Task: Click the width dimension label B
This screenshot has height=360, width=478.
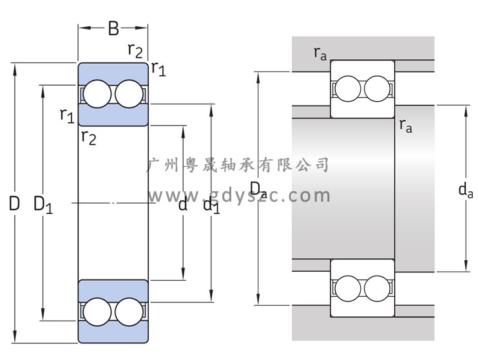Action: (113, 28)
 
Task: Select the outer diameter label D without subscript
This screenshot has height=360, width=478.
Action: (14, 204)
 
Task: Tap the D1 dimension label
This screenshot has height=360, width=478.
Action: (43, 205)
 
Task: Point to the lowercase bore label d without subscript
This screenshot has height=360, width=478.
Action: (183, 205)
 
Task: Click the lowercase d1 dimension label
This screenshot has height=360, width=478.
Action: (211, 205)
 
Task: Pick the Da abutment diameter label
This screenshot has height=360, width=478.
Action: (258, 189)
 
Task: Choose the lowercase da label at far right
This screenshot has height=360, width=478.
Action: (464, 189)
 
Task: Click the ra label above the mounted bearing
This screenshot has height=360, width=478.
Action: (320, 53)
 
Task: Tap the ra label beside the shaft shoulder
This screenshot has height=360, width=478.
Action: (406, 125)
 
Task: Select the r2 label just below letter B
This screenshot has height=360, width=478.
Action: (136, 50)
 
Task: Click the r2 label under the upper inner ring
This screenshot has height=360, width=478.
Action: (89, 137)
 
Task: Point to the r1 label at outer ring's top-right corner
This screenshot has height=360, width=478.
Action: (158, 68)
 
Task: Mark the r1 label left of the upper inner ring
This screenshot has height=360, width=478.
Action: (67, 115)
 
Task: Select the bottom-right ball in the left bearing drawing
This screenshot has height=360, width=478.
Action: (129, 312)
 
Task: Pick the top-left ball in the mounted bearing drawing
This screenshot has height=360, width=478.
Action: (347, 88)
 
